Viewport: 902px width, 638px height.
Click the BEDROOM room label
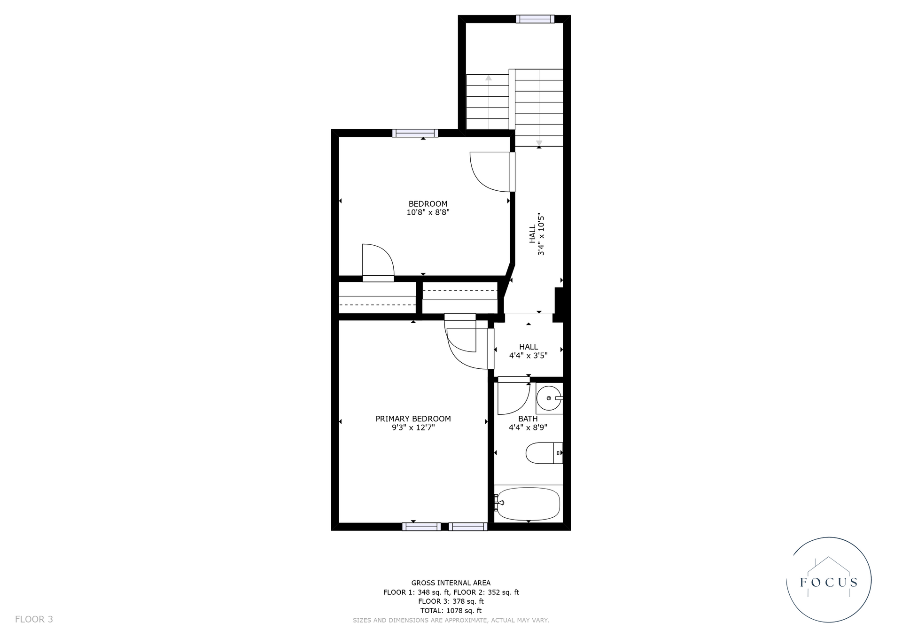click(428, 204)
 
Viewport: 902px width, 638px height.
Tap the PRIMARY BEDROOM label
click(413, 419)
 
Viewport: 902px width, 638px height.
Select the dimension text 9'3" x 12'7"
click(413, 428)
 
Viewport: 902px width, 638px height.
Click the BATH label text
click(528, 419)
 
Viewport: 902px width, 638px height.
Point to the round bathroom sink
click(548, 398)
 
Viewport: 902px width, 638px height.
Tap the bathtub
click(529, 503)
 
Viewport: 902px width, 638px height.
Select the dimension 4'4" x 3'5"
click(528, 356)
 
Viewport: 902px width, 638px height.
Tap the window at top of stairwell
click(535, 19)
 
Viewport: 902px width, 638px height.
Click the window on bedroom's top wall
click(415, 133)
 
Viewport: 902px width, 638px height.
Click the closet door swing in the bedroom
click(378, 261)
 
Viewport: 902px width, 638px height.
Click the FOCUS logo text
click(829, 583)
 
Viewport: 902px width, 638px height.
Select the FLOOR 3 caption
click(34, 619)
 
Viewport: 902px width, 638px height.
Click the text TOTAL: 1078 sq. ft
click(451, 611)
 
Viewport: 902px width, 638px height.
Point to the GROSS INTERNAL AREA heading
click(451, 583)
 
